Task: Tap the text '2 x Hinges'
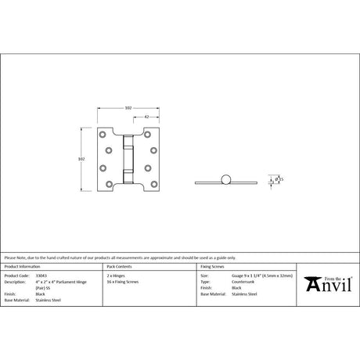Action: pos(116,276)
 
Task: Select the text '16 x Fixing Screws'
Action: pos(121,282)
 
